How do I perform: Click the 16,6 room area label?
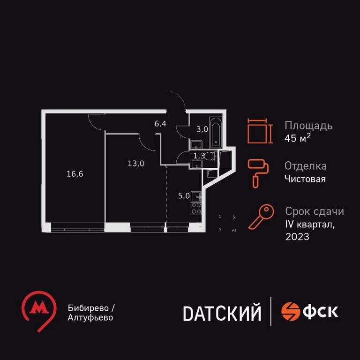click(75, 174)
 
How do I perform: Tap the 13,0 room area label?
click(136, 164)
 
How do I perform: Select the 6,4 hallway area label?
click(160, 124)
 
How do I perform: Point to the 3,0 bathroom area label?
click(202, 129)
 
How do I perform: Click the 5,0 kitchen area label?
click(184, 196)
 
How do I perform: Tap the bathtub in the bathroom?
click(216, 133)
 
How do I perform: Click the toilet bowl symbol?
click(209, 157)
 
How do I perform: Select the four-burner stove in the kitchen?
click(196, 208)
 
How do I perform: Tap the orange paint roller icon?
click(258, 174)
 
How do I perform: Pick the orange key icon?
click(261, 217)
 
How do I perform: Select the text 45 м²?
click(298, 138)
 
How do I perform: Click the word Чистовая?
click(305, 179)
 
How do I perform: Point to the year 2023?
click(297, 237)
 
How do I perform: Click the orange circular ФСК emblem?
click(291, 311)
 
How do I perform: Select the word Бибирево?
click(89, 308)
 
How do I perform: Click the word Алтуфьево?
click(90, 318)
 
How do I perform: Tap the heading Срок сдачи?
click(315, 211)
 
